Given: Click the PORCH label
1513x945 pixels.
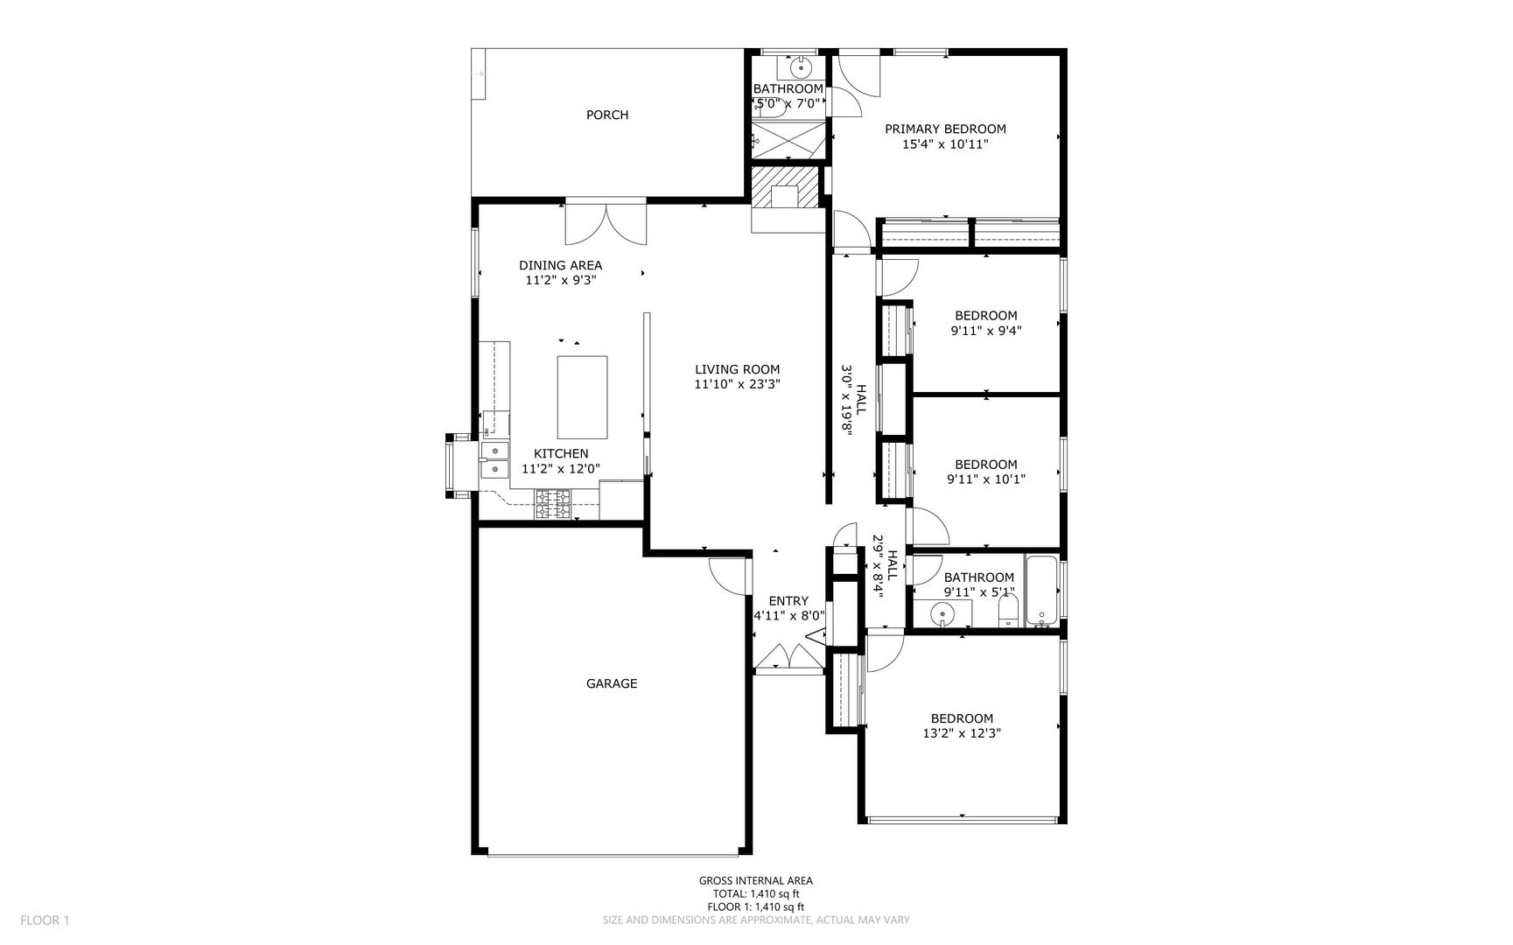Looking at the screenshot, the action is click(607, 115).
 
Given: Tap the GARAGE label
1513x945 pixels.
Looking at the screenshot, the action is click(612, 683).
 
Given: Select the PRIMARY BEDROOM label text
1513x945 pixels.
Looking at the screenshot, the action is click(945, 129).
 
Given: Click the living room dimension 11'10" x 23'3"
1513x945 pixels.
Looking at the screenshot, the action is click(737, 384).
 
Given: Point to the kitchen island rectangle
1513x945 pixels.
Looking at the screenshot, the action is click(583, 397).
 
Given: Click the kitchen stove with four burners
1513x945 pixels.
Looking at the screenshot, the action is click(553, 504).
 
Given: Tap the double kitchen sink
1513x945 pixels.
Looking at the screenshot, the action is click(495, 460).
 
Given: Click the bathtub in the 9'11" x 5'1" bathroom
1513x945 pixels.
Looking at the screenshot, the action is click(1042, 591).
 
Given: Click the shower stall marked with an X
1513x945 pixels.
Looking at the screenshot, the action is click(788, 140).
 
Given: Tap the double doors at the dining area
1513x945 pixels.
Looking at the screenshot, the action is click(606, 222).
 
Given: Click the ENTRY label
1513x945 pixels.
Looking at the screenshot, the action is click(788, 601).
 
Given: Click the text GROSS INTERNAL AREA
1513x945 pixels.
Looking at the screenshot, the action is click(755, 881).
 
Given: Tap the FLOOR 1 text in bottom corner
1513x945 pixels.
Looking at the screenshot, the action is click(45, 920).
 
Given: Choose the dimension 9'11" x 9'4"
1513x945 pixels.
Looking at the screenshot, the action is click(986, 331).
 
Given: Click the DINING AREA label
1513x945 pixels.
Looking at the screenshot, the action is click(560, 265).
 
